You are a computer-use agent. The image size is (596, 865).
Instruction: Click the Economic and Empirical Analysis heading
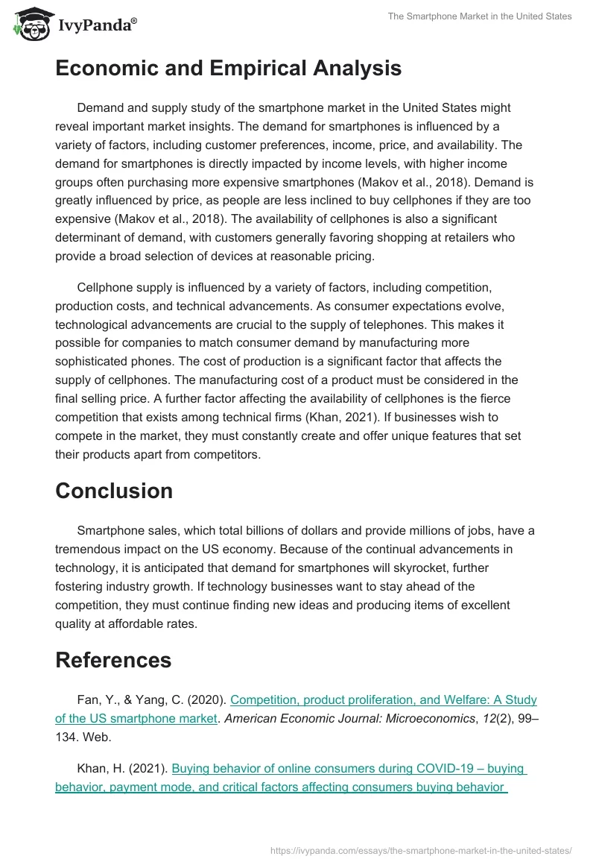228,69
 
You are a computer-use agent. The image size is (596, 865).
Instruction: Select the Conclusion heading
114,491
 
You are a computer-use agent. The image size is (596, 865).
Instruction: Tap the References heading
113,660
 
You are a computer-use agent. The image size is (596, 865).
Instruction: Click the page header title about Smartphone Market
480,16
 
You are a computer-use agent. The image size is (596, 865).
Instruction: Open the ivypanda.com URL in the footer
420,850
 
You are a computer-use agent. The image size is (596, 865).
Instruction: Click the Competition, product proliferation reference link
383,700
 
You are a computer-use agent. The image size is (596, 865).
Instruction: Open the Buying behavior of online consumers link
349,767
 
